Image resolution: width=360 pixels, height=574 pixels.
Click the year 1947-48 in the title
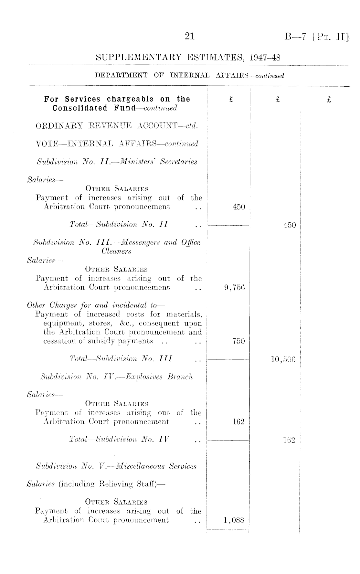point(265,58)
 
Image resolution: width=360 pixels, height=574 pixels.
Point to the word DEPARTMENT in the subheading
point(121,76)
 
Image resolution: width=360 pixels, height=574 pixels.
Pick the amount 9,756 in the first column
point(234,287)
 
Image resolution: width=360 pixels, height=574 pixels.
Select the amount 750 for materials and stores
point(238,341)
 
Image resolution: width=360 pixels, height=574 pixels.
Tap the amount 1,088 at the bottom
point(234,520)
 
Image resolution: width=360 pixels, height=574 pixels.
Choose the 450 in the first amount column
point(239,207)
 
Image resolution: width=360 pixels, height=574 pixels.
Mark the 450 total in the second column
point(290,225)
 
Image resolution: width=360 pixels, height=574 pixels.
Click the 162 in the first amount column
point(238,422)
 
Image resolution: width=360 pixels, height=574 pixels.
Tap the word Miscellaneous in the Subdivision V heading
point(146,466)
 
